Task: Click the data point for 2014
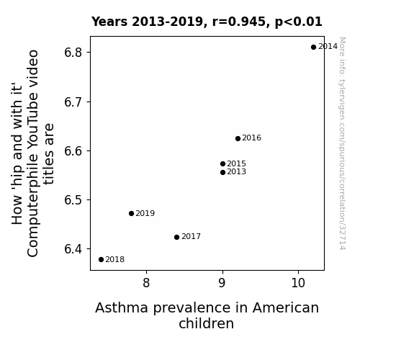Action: click(313, 48)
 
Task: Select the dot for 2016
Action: click(238, 139)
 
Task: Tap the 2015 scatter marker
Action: click(223, 164)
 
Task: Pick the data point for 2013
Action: click(223, 173)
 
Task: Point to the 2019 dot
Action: click(132, 213)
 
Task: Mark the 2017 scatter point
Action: click(177, 237)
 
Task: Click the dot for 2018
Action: click(101, 260)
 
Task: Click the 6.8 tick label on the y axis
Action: click(73, 53)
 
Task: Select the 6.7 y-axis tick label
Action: click(73, 102)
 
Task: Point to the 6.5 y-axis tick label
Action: click(73, 200)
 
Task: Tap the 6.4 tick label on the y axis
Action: click(73, 249)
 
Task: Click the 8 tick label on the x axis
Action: click(146, 283)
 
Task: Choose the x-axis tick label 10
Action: click(298, 283)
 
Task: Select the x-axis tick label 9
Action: click(222, 283)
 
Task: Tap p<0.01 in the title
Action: click(299, 22)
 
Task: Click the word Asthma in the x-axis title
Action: click(122, 308)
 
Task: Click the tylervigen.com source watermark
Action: click(342, 143)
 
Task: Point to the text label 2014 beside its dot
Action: click(328, 47)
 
